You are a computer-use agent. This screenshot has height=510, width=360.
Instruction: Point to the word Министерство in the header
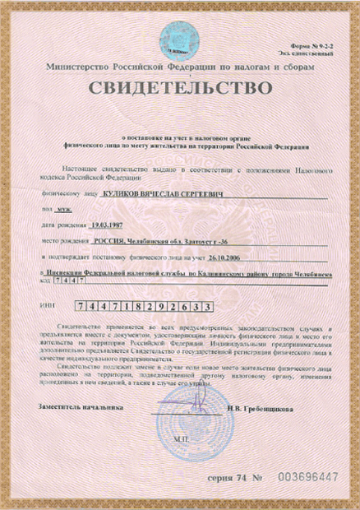[x=79, y=63]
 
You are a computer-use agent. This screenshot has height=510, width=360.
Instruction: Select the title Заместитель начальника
[x=79, y=406]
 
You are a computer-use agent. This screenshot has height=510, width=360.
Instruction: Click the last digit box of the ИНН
[x=210, y=305]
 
